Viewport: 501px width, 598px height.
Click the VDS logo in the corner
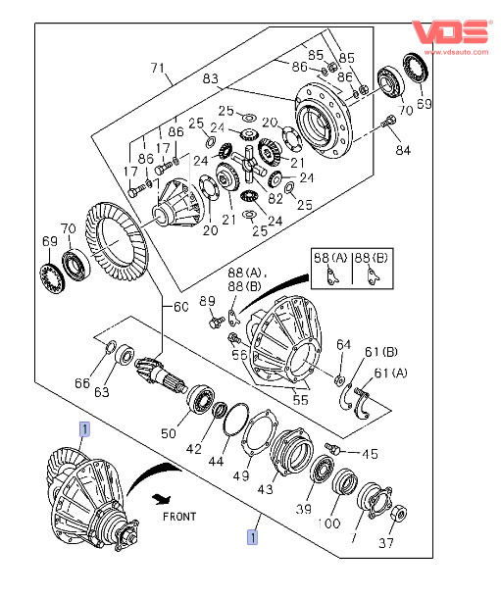[x=450, y=31]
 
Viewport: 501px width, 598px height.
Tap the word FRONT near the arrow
[x=179, y=517]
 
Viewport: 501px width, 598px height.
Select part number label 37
[x=386, y=543]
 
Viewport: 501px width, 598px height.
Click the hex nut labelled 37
[x=400, y=514]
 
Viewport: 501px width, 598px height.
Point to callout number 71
[x=158, y=68]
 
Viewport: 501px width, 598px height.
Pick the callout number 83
[x=210, y=78]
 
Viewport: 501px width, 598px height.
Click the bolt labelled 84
[x=389, y=122]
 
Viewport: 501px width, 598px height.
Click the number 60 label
[x=181, y=307]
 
